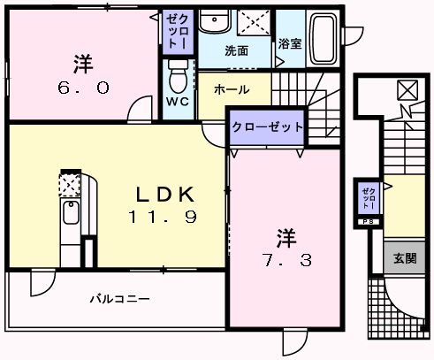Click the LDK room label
coord(165,195)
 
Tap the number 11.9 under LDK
coord(163,217)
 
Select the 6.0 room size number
coord(83,88)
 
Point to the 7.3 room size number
coord(287,260)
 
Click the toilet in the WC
coord(179,76)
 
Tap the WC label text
coord(178,102)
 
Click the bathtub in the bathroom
coord(324,38)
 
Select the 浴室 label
coord(290,43)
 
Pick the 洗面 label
coord(236,50)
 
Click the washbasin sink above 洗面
coord(214,21)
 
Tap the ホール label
coord(232,89)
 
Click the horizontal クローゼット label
coord(267,127)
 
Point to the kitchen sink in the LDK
coord(71,212)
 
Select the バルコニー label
coord(120,299)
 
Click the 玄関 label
coord(405,258)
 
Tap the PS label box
coord(369,222)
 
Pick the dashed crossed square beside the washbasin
coord(254,22)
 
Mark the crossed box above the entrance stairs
coord(407,90)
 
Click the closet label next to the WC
coord(178,32)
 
